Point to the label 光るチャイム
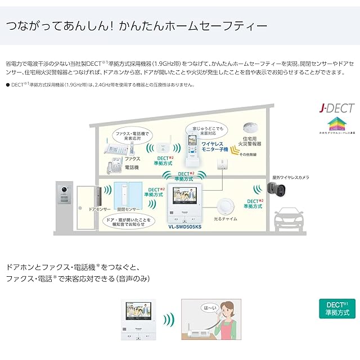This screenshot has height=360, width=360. pyautogui.click(x=227, y=218)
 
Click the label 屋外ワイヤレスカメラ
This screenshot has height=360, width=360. pyautogui.click(x=291, y=176)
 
